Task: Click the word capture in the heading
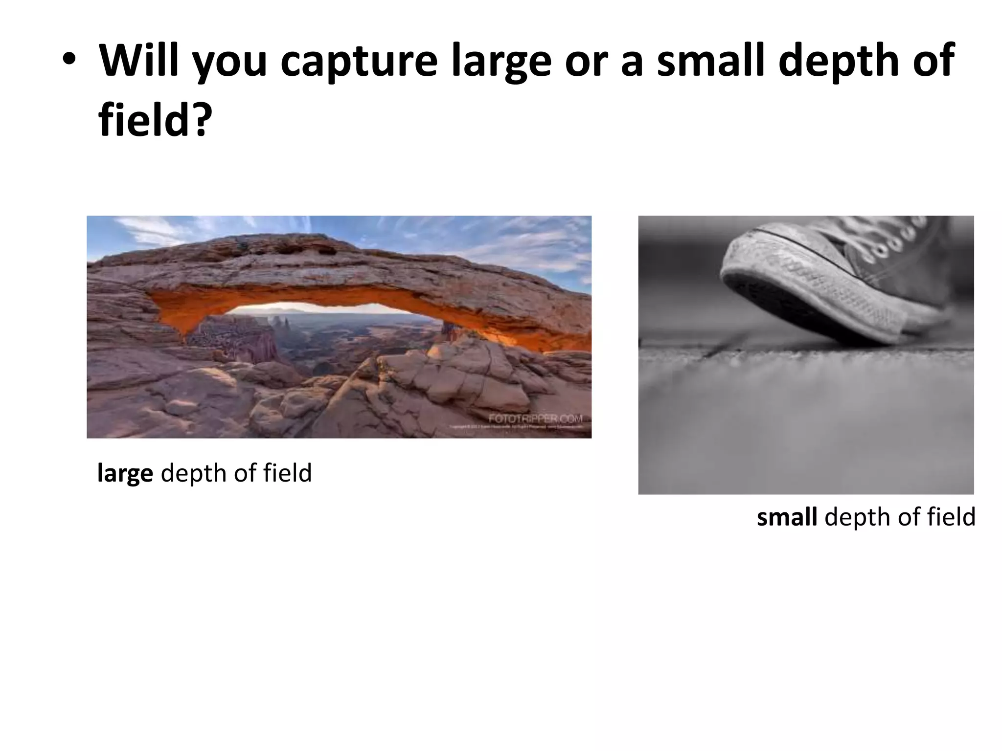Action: tap(359, 61)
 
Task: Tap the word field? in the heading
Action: tap(156, 120)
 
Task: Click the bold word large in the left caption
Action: tap(125, 474)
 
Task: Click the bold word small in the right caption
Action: tap(786, 517)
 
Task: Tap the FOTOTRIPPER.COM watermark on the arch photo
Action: tap(535, 419)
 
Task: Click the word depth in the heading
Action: tap(839, 61)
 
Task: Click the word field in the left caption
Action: tap(287, 473)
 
